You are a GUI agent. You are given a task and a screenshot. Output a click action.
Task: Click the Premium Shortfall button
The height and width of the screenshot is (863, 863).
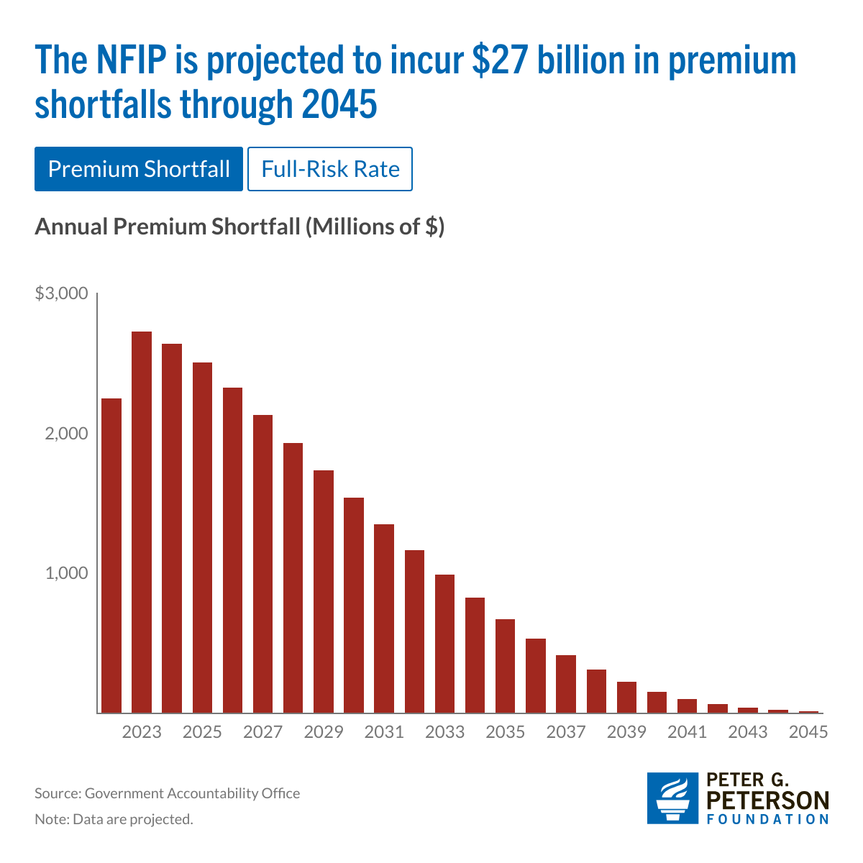(139, 169)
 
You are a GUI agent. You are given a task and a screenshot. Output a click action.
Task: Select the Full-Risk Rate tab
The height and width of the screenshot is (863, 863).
(330, 169)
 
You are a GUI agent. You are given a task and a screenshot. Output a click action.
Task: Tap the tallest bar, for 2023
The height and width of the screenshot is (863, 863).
(142, 522)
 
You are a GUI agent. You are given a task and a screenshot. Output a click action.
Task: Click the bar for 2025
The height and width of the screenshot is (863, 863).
(202, 538)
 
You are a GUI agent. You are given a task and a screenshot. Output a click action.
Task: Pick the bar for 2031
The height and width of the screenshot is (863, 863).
(384, 618)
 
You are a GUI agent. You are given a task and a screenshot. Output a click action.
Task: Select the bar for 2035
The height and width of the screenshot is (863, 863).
(506, 666)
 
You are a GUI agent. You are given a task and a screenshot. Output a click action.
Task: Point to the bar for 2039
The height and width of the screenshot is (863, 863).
(626, 697)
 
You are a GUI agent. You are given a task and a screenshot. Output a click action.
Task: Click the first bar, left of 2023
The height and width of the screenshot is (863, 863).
(111, 555)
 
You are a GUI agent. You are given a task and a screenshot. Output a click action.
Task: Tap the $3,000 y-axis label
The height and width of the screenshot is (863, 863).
(61, 293)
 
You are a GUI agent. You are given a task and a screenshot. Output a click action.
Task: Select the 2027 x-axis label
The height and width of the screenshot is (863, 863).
(262, 732)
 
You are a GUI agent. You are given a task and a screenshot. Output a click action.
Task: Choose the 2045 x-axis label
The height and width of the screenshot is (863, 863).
(808, 732)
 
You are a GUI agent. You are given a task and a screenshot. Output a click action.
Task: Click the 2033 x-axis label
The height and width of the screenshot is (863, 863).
(444, 732)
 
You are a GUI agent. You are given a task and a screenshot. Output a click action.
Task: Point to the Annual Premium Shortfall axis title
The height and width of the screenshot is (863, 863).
(239, 227)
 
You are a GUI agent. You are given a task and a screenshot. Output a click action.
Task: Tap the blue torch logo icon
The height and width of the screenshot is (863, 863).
(672, 798)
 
